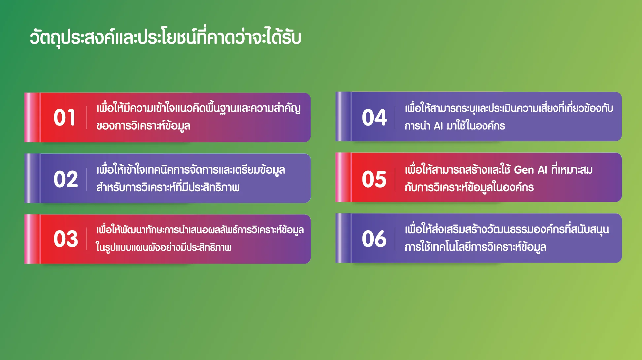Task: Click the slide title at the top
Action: (x=165, y=37)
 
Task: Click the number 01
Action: (x=65, y=118)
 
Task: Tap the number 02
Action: (x=66, y=179)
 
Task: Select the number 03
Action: (x=66, y=239)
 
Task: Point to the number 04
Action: (x=374, y=117)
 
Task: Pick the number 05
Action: (x=374, y=179)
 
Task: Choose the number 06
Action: (x=374, y=238)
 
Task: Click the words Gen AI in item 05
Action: (x=530, y=170)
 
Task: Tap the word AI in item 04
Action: (x=438, y=126)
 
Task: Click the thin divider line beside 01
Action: (x=86, y=118)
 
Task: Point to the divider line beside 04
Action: (x=395, y=117)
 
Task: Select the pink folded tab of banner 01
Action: (x=32, y=118)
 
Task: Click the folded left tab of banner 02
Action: (x=32, y=178)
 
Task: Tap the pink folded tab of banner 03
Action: (x=32, y=239)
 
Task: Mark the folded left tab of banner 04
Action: (x=344, y=117)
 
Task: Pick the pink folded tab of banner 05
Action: (x=344, y=177)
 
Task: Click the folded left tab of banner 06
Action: (x=344, y=238)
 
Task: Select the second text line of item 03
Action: (x=164, y=247)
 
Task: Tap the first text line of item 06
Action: (x=507, y=230)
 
